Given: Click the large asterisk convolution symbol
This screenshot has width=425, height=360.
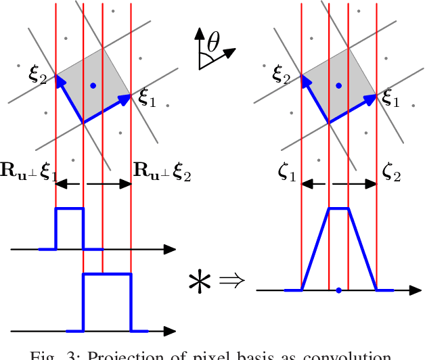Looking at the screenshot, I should pyautogui.click(x=201, y=280).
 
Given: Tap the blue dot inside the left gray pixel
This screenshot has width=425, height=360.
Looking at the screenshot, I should pyautogui.click(x=93, y=85).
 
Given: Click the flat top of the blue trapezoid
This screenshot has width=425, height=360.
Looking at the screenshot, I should pyautogui.click(x=338, y=209).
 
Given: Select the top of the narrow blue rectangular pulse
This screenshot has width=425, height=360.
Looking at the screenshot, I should pyautogui.click(x=69, y=209).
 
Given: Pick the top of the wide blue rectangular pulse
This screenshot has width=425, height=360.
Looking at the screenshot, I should pyautogui.click(x=106, y=274).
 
